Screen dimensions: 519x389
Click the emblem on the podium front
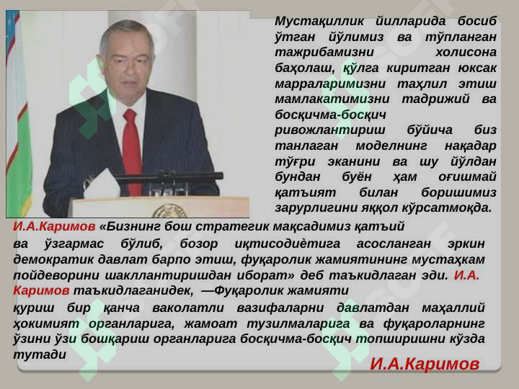(170, 211)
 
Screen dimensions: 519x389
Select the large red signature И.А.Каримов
(425, 364)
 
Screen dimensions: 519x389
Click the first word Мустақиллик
(319, 22)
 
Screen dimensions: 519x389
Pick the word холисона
(466, 52)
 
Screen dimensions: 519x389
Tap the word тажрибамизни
(324, 53)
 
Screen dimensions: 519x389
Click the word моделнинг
(391, 146)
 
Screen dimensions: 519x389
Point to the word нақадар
(470, 146)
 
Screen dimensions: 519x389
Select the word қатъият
(305, 192)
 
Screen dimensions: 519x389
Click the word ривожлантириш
(329, 130)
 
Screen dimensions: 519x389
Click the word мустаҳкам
(448, 259)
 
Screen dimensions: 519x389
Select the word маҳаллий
(453, 308)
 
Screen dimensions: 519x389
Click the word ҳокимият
(46, 324)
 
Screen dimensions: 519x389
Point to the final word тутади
(40, 355)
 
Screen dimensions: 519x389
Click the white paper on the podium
(102, 186)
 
